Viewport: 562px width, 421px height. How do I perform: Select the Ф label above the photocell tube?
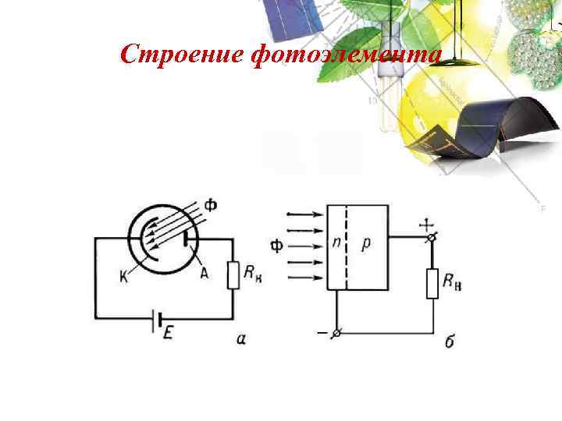click(211, 206)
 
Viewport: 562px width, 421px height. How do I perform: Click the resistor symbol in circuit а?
click(233, 275)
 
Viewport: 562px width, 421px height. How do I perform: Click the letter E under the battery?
click(169, 333)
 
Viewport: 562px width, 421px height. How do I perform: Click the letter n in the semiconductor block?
click(335, 244)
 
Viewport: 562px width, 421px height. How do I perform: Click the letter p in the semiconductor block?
click(366, 244)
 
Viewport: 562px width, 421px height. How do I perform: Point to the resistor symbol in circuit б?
click(432, 284)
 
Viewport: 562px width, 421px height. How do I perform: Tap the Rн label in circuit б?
click(454, 283)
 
